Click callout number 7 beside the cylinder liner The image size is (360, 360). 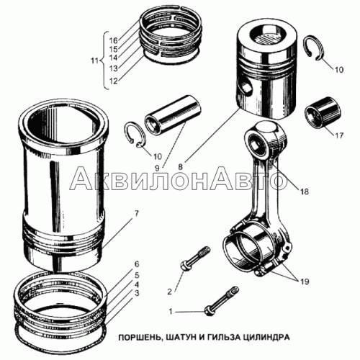[136, 214]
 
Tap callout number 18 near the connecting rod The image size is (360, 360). [305, 192]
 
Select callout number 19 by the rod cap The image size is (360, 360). [305, 282]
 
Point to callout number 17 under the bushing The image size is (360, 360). [339, 135]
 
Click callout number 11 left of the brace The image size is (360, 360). [95, 60]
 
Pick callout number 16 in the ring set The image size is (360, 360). [114, 40]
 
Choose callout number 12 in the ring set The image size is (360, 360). [114, 81]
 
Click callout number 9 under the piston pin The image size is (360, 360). [157, 168]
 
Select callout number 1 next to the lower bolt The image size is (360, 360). [171, 312]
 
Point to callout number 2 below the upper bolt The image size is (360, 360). [170, 292]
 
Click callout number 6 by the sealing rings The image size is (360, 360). [137, 264]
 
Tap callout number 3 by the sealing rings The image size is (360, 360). [137, 293]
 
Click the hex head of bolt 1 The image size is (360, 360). [208, 311]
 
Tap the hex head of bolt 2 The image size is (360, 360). [185, 266]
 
